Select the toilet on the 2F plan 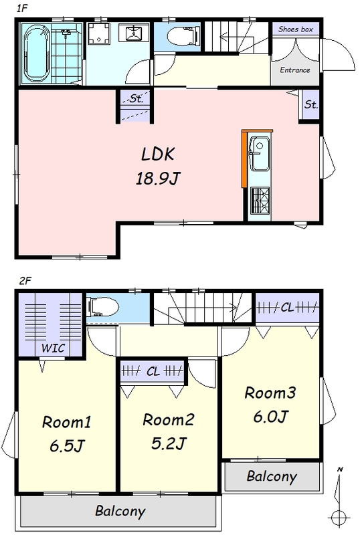[102, 307]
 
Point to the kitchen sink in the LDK [260, 154]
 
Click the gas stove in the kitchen [260, 201]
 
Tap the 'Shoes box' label [296, 29]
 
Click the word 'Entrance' [295, 70]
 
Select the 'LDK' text [158, 154]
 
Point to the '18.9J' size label [158, 178]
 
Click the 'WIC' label [53, 348]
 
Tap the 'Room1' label [67, 422]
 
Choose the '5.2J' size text [169, 443]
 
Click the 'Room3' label [270, 393]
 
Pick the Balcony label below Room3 [272, 476]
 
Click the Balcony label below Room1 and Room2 [120, 511]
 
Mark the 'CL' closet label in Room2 [153, 371]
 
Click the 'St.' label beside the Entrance [310, 104]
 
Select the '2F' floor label [25, 281]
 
